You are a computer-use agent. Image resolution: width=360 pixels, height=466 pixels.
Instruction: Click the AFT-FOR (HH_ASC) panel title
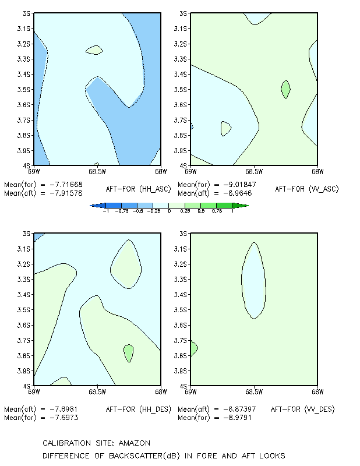click(139, 189)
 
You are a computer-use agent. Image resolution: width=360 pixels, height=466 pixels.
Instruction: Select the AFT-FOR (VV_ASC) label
click(307, 189)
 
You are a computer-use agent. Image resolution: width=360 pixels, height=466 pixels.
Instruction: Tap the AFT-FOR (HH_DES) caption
click(139, 409)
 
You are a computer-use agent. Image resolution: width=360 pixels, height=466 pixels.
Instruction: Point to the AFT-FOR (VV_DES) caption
click(303, 409)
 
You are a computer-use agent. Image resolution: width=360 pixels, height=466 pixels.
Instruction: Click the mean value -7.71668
click(66, 185)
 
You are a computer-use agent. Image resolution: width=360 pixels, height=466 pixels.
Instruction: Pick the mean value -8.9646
click(238, 193)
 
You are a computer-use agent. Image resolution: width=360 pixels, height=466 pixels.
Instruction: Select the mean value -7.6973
click(64, 418)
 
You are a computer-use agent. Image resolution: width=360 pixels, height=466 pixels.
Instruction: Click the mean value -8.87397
click(239, 409)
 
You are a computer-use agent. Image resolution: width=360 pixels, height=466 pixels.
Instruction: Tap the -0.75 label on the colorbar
click(122, 211)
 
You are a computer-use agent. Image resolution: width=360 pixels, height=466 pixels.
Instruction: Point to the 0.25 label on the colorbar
click(185, 211)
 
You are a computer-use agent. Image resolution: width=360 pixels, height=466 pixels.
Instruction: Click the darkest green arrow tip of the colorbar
click(248, 206)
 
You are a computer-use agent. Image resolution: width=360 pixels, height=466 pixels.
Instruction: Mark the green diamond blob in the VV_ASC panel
click(285, 89)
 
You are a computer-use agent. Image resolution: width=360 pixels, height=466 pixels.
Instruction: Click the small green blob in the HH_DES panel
click(128, 353)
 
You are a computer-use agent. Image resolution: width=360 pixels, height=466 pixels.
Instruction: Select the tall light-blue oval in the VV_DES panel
click(253, 281)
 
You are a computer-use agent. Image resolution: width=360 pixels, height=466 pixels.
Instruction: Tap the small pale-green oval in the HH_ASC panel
click(94, 50)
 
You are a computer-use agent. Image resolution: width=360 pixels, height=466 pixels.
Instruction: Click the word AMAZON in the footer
click(135, 443)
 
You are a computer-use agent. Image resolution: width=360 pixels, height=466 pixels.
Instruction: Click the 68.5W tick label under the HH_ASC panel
click(97, 171)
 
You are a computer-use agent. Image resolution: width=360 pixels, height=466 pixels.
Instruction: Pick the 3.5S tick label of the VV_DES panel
click(181, 310)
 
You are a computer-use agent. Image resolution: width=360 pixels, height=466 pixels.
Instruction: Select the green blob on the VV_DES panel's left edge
click(193, 348)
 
